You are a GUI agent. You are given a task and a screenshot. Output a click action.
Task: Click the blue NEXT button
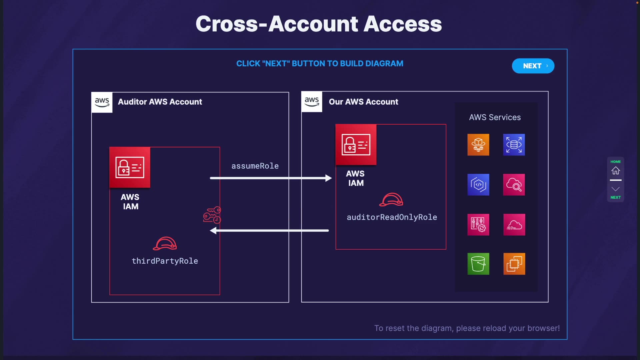[x=533, y=66]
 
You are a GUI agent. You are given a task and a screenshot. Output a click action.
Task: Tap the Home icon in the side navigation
[x=615, y=171]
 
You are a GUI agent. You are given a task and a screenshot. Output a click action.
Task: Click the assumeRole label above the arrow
[x=255, y=166]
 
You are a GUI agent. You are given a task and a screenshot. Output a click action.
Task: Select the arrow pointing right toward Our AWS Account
[x=271, y=178]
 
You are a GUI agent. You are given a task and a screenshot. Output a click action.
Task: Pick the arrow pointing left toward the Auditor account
[x=269, y=230]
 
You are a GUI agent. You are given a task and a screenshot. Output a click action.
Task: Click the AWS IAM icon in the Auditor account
[x=130, y=167]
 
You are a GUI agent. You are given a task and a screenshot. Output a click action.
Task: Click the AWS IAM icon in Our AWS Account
[x=356, y=145]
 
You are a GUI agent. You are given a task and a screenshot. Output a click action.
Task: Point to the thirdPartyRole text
[x=165, y=261]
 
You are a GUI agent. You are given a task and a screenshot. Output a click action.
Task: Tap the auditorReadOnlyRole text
[x=392, y=217]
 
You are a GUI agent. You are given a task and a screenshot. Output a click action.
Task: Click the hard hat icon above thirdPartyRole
[x=165, y=243]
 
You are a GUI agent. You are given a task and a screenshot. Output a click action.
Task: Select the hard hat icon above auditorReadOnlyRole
[x=391, y=199]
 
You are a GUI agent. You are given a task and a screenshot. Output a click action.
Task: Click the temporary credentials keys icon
[x=212, y=215]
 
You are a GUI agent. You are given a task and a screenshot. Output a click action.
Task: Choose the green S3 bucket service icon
[x=478, y=264]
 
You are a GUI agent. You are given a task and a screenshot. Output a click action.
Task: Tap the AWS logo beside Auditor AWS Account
[x=102, y=102]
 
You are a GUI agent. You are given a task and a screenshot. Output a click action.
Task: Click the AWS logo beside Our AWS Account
[x=312, y=102]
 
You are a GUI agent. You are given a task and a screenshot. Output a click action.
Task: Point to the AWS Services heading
[x=495, y=117]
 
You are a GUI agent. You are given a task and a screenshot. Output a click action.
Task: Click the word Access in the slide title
[x=403, y=24]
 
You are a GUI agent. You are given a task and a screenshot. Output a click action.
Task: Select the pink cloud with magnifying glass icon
[x=514, y=185]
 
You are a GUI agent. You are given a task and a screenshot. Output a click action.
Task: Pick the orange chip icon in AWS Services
[x=514, y=264]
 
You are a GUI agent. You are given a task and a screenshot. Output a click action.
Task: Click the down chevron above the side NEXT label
[x=615, y=189]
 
